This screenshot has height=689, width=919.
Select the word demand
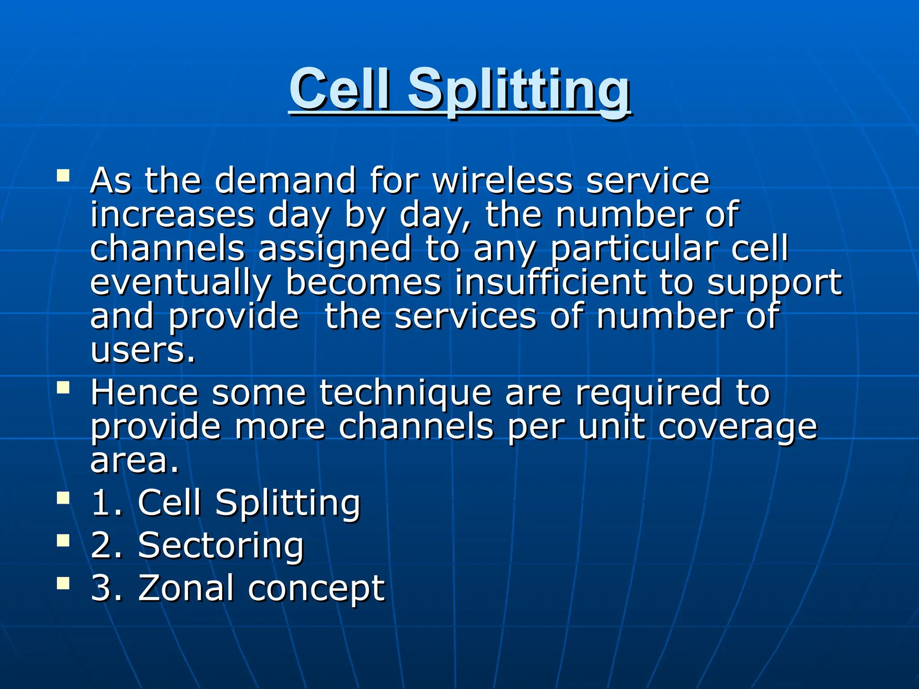click(285, 180)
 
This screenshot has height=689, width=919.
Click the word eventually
click(180, 283)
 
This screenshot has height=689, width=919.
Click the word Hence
click(144, 392)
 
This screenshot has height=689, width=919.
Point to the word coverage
click(738, 428)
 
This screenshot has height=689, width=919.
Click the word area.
click(134, 461)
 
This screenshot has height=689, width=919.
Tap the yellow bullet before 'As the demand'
click(63, 175)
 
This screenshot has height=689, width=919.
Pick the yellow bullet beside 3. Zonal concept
click(63, 583)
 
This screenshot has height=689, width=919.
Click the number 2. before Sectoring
click(106, 546)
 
